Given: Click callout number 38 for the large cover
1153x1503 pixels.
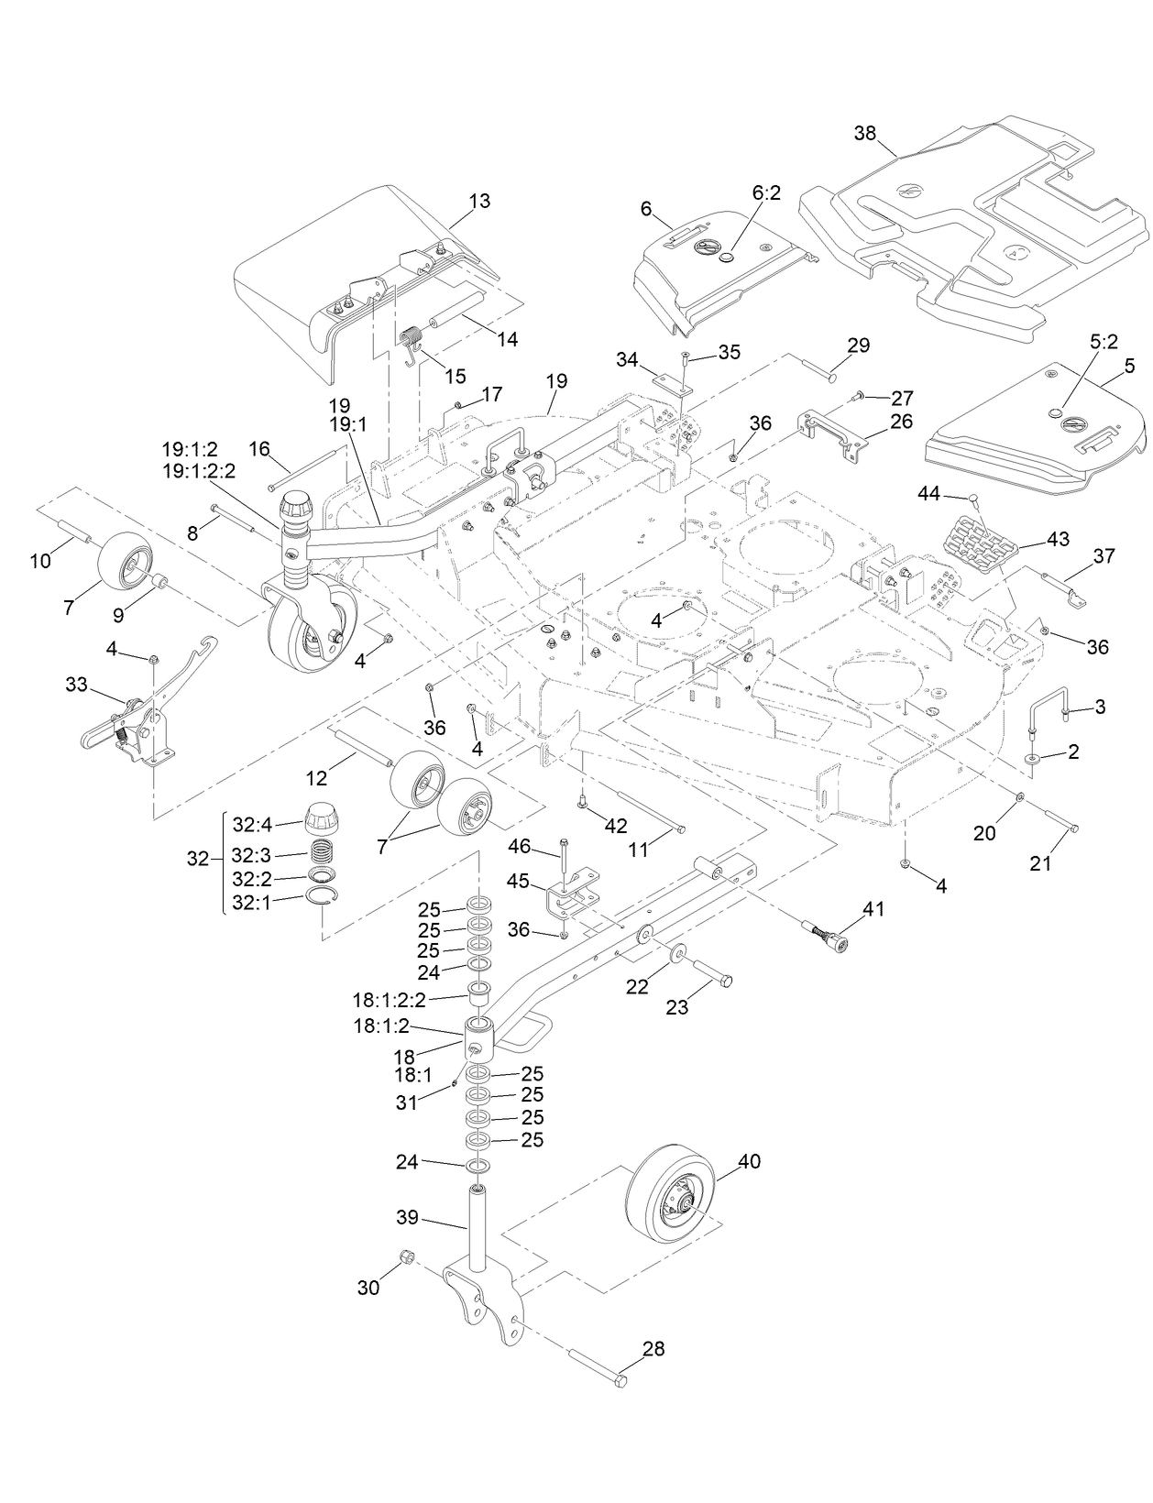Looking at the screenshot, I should point(864,133).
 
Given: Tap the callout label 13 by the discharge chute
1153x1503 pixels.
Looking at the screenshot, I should point(478,201).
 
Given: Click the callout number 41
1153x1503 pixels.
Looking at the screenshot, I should point(873,908).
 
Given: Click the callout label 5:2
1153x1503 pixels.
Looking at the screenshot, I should point(1104,341).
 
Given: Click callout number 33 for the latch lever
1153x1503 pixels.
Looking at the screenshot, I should point(76,684).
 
